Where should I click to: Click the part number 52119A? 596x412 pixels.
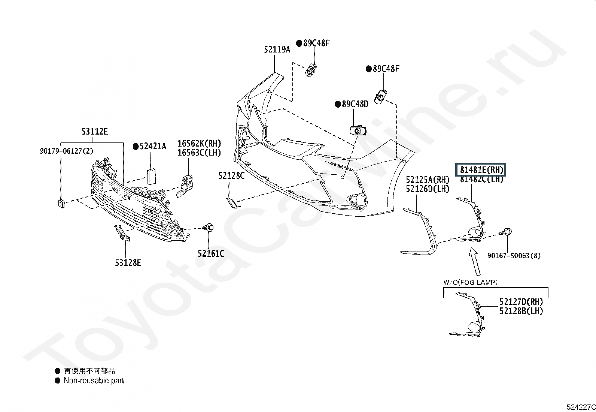pos(277,49)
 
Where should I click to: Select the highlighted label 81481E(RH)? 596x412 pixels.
pos(480,170)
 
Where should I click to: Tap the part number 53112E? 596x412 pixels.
pos(95,132)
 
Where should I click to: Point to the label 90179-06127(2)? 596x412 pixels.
pos(66,151)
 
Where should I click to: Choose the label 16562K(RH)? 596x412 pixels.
pos(199,143)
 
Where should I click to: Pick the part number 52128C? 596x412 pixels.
pos(231,175)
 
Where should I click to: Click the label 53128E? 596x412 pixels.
pos(128,263)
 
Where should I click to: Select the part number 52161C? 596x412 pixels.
pos(211,254)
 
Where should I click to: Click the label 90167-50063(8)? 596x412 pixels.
pos(514,256)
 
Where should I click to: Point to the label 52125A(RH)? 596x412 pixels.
pos(428,180)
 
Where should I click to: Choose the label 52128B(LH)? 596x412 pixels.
pos(521,311)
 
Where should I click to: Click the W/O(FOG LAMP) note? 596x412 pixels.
pos(470,282)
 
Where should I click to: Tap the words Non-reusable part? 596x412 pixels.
pos(94,381)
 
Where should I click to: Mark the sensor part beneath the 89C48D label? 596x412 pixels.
pos(358,131)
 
